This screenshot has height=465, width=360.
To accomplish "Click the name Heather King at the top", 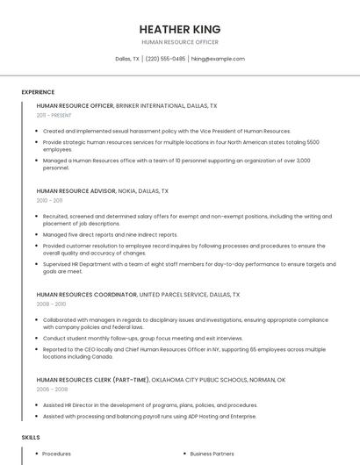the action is [180, 29].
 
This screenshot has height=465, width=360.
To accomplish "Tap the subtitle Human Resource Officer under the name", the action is [180, 42].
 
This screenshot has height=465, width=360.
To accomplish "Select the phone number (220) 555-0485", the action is [165, 59].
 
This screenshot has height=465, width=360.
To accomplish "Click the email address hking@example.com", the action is [218, 59].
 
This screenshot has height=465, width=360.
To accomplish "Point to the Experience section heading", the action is [38, 92].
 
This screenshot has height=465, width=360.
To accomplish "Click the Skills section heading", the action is [31, 437].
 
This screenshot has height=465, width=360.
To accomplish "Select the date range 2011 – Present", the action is [54, 115].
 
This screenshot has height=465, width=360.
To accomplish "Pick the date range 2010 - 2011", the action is [49, 200].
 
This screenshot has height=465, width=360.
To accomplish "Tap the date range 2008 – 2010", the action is [51, 304].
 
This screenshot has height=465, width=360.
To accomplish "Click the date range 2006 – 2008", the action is [52, 389].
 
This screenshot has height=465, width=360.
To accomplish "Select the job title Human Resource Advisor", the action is [74, 190].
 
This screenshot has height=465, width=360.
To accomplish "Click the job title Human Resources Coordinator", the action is [86, 295].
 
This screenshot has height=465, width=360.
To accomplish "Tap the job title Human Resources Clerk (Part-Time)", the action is [92, 380].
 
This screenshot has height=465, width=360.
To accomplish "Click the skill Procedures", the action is [57, 454].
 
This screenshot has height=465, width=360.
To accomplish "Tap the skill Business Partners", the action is [212, 454].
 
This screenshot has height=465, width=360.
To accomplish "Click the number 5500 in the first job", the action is [313, 141].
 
